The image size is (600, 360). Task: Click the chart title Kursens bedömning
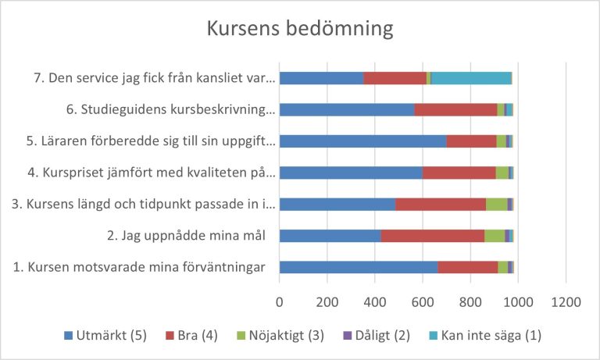click(x=299, y=30)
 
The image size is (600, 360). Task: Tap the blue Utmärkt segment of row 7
click(x=321, y=78)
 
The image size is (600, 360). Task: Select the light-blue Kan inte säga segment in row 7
click(x=470, y=78)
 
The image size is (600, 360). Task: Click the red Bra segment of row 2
click(x=432, y=236)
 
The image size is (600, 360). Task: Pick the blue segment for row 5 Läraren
click(x=362, y=141)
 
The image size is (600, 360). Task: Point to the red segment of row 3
click(x=440, y=205)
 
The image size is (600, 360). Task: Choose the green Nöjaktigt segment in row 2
click(x=495, y=236)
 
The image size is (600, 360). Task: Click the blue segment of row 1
click(x=359, y=267)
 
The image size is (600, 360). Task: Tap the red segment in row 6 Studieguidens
click(x=455, y=110)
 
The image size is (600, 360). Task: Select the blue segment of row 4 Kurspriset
click(x=351, y=173)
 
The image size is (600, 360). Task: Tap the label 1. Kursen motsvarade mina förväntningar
click(x=139, y=267)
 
